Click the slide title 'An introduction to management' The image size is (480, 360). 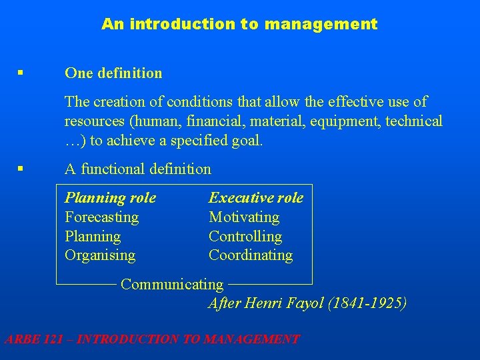[x=239, y=25]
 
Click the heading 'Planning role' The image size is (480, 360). [x=110, y=198]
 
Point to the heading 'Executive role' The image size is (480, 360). [x=256, y=198]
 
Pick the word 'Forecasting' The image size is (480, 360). [x=101, y=217]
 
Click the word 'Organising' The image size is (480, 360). [x=100, y=255]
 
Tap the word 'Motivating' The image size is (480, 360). [x=244, y=217]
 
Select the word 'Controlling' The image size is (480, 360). [x=245, y=237]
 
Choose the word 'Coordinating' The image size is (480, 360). [x=251, y=255]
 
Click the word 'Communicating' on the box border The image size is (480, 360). [x=172, y=285]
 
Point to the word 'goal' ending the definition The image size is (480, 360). [x=248, y=141]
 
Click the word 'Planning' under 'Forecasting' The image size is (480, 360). [x=93, y=237]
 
